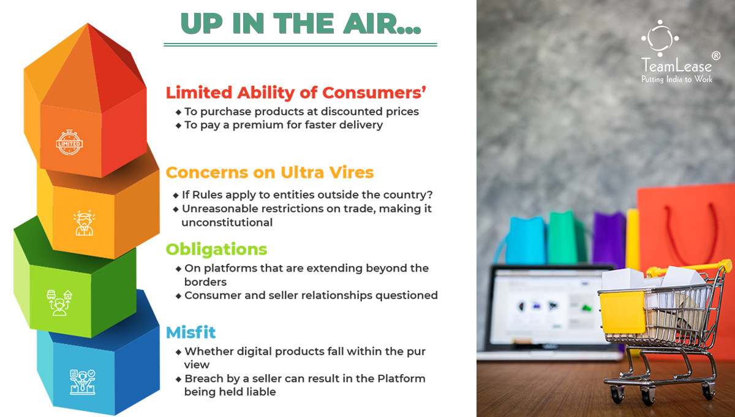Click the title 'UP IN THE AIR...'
coord(301,24)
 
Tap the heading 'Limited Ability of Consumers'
coord(296,93)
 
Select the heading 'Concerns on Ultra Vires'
coord(269,172)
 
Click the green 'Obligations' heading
coord(216,249)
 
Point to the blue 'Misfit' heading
coord(190,332)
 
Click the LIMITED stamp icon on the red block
coord(69,142)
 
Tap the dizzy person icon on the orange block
coord(85,223)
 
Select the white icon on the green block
coord(59,303)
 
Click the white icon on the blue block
coord(82,382)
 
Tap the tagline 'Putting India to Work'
coord(677,79)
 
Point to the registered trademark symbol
coord(716,56)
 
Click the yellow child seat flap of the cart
coord(622,312)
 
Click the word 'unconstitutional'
coord(227,223)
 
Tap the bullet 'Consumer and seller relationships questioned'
coord(311,295)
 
